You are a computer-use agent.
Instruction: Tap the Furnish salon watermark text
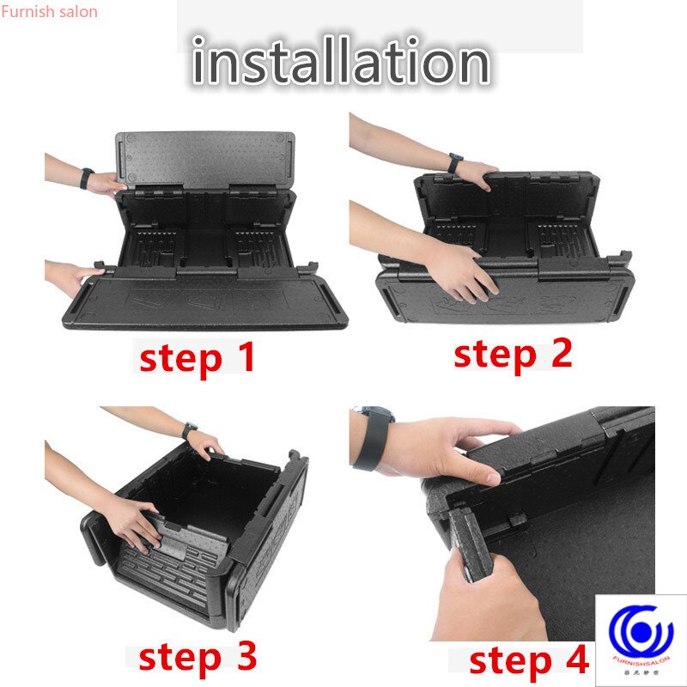49,12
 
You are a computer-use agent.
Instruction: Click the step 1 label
198,356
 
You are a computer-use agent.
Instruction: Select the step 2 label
513,353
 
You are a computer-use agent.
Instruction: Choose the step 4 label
529,661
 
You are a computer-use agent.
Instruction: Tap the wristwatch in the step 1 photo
86,178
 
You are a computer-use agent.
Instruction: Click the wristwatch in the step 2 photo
455,162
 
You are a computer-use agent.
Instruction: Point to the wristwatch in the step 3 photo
190,429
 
